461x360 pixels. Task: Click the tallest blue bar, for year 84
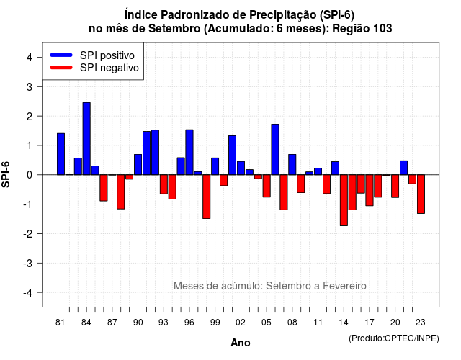coord(86,139)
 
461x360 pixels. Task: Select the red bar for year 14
coord(344,200)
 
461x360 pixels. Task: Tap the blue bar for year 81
coord(61,154)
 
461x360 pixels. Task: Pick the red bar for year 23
coord(421,194)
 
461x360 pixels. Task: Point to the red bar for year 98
coord(207,197)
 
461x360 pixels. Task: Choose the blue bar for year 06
coord(275,149)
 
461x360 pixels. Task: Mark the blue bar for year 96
coord(189,152)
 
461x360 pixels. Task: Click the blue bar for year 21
coord(403,168)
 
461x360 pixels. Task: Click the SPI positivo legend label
coord(107,55)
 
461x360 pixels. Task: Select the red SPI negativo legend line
coord(61,68)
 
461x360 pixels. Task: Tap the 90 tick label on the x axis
coord(138,323)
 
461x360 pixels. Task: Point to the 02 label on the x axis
coord(241,323)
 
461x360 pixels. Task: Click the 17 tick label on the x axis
coord(370,323)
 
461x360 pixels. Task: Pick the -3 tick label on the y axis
coord(28,264)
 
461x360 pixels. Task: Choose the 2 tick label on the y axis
coord(30,117)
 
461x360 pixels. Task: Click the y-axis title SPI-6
coord(6,174)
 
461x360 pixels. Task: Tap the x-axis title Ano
coord(241,343)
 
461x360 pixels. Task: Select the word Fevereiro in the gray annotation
coord(344,286)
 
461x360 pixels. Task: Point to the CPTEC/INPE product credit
coord(394,338)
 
